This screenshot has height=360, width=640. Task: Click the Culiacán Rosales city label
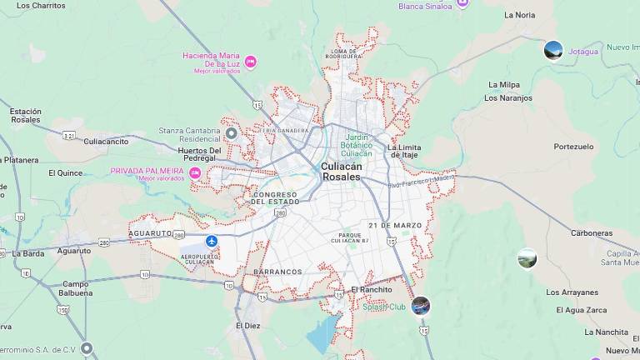(x=342, y=172)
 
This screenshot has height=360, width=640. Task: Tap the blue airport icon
(x=212, y=241)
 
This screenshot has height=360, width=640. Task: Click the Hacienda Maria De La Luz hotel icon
(x=250, y=62)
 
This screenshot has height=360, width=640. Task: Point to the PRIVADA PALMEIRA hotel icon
(x=195, y=173)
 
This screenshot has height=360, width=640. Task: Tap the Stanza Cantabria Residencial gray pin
(x=232, y=133)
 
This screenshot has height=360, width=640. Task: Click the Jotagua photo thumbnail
(x=553, y=51)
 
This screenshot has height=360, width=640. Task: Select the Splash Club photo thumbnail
(x=421, y=306)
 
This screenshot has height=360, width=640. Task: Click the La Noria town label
(x=520, y=15)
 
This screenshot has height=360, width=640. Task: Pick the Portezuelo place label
(x=573, y=146)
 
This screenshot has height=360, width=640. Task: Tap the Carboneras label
(x=592, y=233)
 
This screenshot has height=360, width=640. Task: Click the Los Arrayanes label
(x=572, y=292)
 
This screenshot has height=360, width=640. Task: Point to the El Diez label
(x=248, y=325)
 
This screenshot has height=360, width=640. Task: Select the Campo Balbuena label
(x=75, y=288)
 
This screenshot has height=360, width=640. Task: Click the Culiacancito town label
(x=106, y=142)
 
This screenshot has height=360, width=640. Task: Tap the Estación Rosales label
(x=25, y=115)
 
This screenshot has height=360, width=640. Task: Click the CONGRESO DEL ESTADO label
(x=275, y=198)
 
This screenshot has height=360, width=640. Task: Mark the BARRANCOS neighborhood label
(x=277, y=272)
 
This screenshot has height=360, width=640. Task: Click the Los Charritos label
(x=41, y=5)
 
